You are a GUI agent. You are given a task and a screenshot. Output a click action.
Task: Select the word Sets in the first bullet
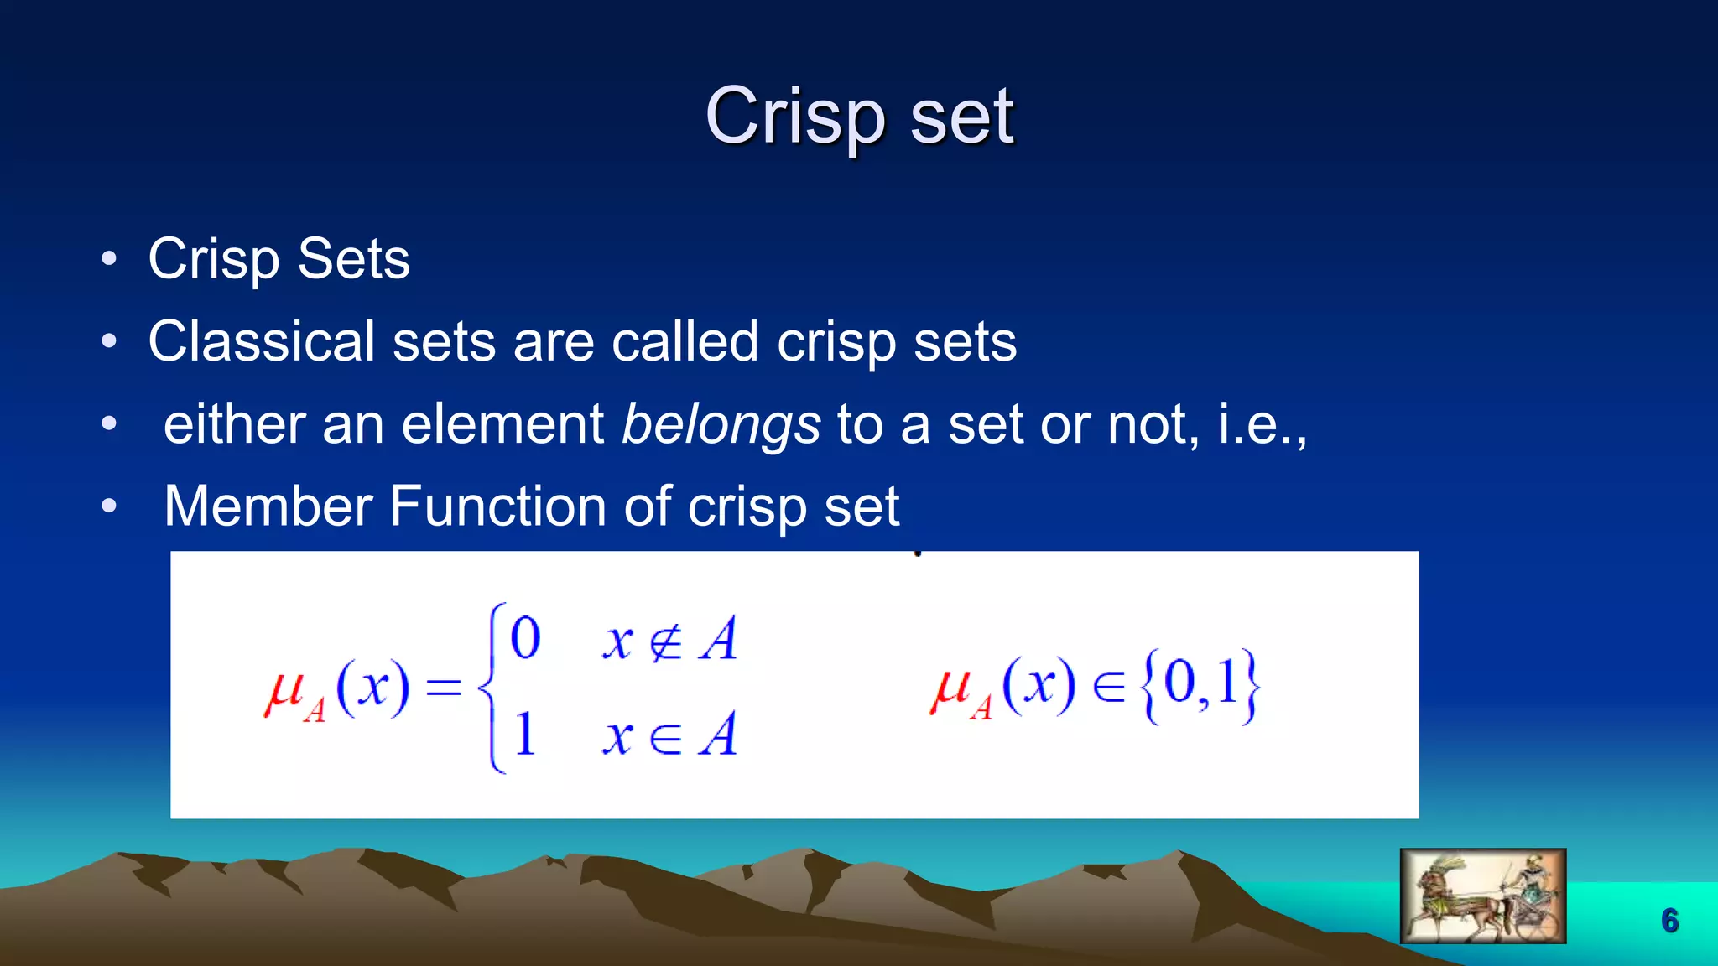[x=353, y=258]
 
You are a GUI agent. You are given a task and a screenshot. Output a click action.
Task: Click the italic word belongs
[x=721, y=424]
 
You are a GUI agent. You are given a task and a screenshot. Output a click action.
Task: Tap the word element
[x=502, y=424]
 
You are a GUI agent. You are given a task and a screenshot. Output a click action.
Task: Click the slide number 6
[x=1669, y=921]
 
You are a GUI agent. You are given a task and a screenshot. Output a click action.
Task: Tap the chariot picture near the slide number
[x=1482, y=896]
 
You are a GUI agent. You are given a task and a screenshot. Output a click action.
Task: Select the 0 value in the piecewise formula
[x=525, y=639]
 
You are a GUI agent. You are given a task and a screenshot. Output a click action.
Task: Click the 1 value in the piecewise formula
[x=525, y=735]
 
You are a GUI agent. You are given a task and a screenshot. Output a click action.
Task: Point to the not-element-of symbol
[x=666, y=642]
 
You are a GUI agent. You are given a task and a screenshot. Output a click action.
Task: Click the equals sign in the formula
[x=444, y=688]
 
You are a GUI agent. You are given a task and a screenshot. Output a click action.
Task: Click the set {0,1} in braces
[x=1200, y=685]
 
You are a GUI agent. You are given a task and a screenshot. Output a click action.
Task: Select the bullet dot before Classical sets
[x=109, y=341]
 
